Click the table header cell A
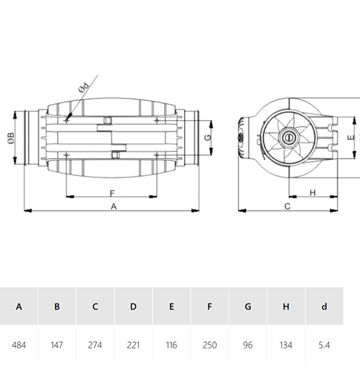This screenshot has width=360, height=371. (x=19, y=306)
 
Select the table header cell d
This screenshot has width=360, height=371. (x=324, y=306)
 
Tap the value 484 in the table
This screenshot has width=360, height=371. (x=19, y=345)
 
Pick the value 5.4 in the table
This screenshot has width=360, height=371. (x=324, y=345)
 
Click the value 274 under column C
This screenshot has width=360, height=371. (x=95, y=345)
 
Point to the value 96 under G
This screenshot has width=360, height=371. (x=248, y=345)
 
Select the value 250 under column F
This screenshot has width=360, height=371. (x=209, y=345)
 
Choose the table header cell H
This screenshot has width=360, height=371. (x=286, y=306)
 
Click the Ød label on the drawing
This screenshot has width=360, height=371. (x=84, y=88)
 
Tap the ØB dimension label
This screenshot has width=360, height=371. (x=11, y=138)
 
